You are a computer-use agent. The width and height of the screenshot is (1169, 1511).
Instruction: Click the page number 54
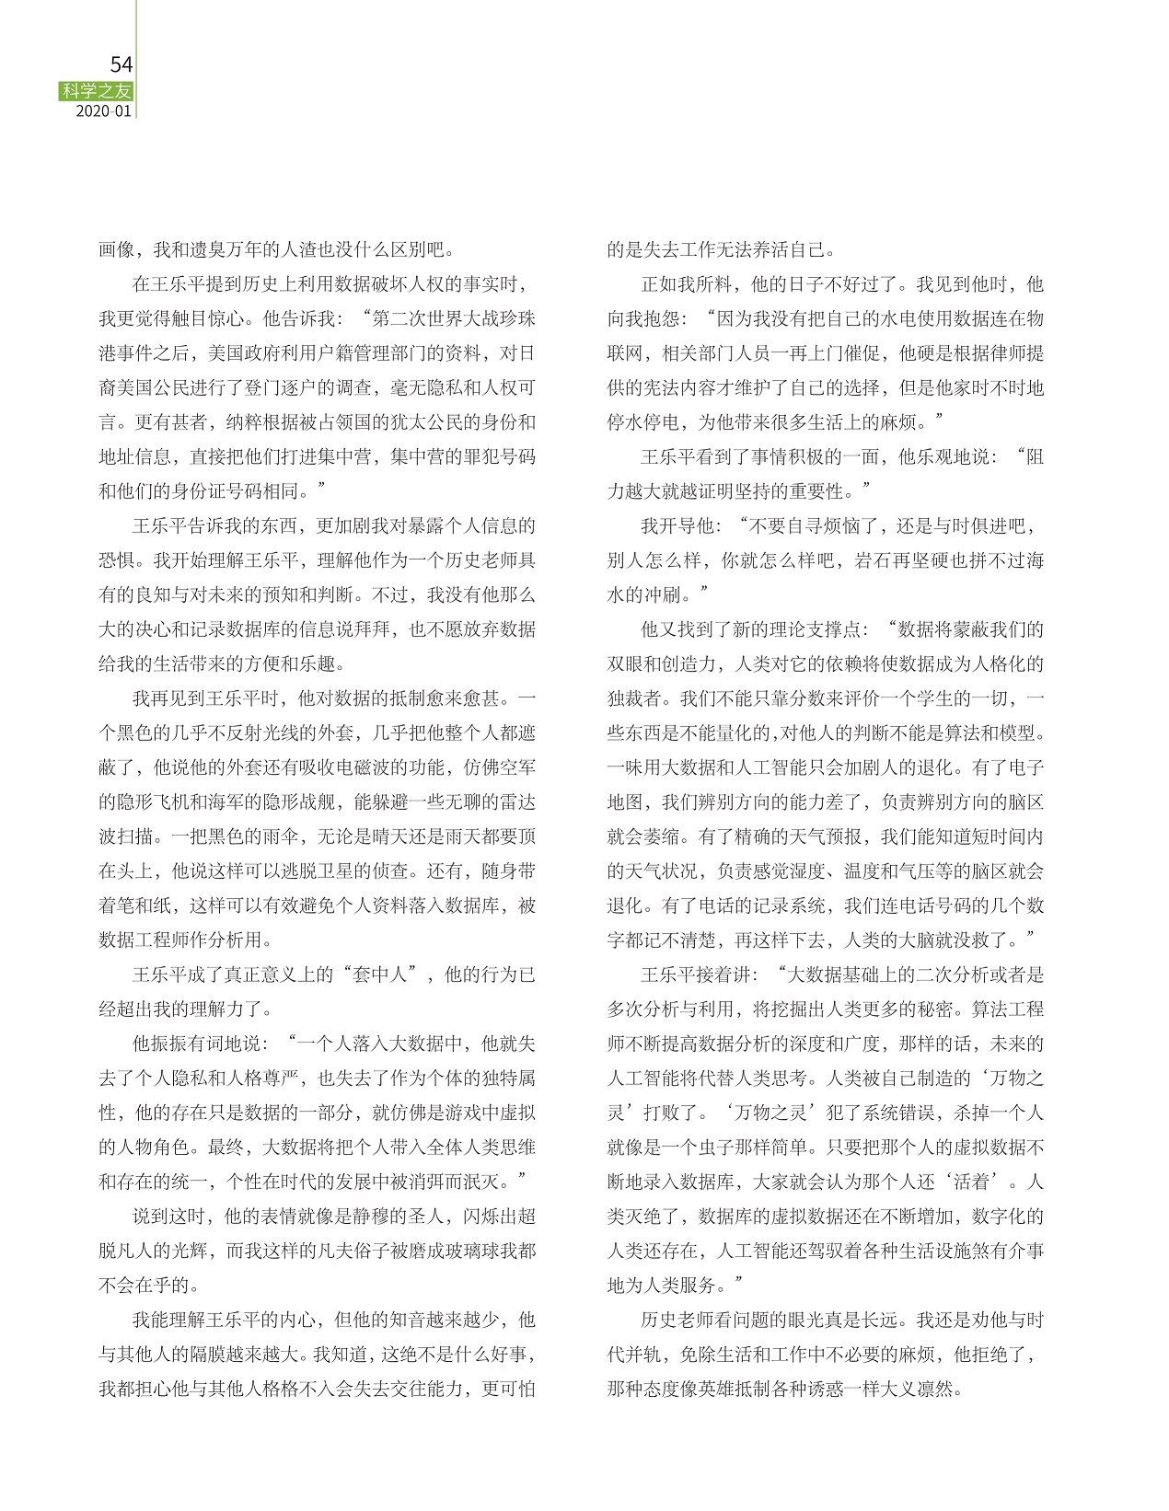tap(122, 64)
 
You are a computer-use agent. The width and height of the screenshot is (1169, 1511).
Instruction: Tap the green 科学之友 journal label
tap(97, 90)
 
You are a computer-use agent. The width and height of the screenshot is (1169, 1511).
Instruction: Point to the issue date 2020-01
tap(104, 110)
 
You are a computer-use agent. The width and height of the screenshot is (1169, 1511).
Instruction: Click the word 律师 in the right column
tap(991, 353)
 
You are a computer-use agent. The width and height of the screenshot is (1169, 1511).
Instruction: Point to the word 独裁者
tap(634, 698)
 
